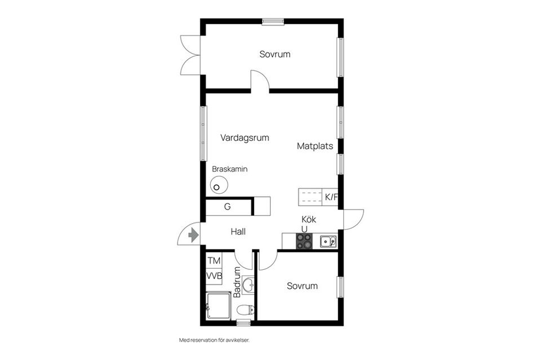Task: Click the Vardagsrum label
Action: tap(245, 138)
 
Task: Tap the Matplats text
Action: tap(315, 146)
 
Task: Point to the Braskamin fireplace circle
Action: tap(219, 185)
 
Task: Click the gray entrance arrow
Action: tap(193, 235)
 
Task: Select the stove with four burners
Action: tap(304, 241)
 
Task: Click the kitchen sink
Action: tap(328, 241)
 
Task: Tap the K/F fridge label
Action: tap(331, 197)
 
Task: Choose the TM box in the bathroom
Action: tap(214, 261)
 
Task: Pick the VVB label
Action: tap(214, 276)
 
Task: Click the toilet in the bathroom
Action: tap(246, 310)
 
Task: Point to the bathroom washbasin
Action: tap(248, 285)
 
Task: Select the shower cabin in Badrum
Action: tap(219, 306)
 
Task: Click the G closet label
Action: tap(227, 207)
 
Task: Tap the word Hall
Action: tap(238, 232)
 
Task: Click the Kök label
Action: tap(309, 219)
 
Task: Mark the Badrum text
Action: tap(237, 282)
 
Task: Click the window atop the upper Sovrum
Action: tap(273, 22)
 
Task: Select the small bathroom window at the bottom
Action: tap(243, 323)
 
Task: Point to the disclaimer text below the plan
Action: tap(214, 340)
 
